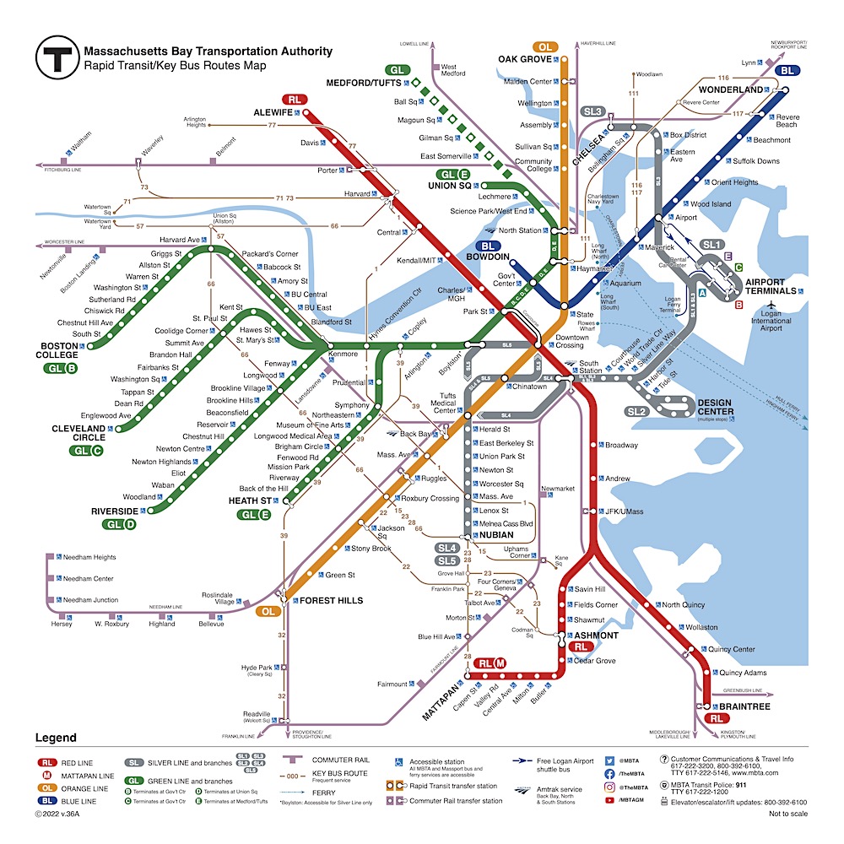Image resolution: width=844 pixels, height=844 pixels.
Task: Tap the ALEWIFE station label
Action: click(x=273, y=112)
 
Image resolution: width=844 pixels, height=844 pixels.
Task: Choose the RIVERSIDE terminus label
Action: click(x=115, y=511)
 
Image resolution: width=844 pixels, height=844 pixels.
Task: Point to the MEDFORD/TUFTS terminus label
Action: click(x=367, y=83)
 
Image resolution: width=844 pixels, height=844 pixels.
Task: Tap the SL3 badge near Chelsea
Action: click(x=592, y=111)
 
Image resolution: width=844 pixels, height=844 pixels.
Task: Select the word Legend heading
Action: click(x=56, y=738)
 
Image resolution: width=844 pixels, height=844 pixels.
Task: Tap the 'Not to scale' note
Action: click(x=787, y=814)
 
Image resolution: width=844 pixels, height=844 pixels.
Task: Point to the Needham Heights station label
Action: click(x=89, y=557)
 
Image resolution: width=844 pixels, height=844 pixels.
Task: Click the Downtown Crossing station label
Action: click(x=571, y=342)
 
